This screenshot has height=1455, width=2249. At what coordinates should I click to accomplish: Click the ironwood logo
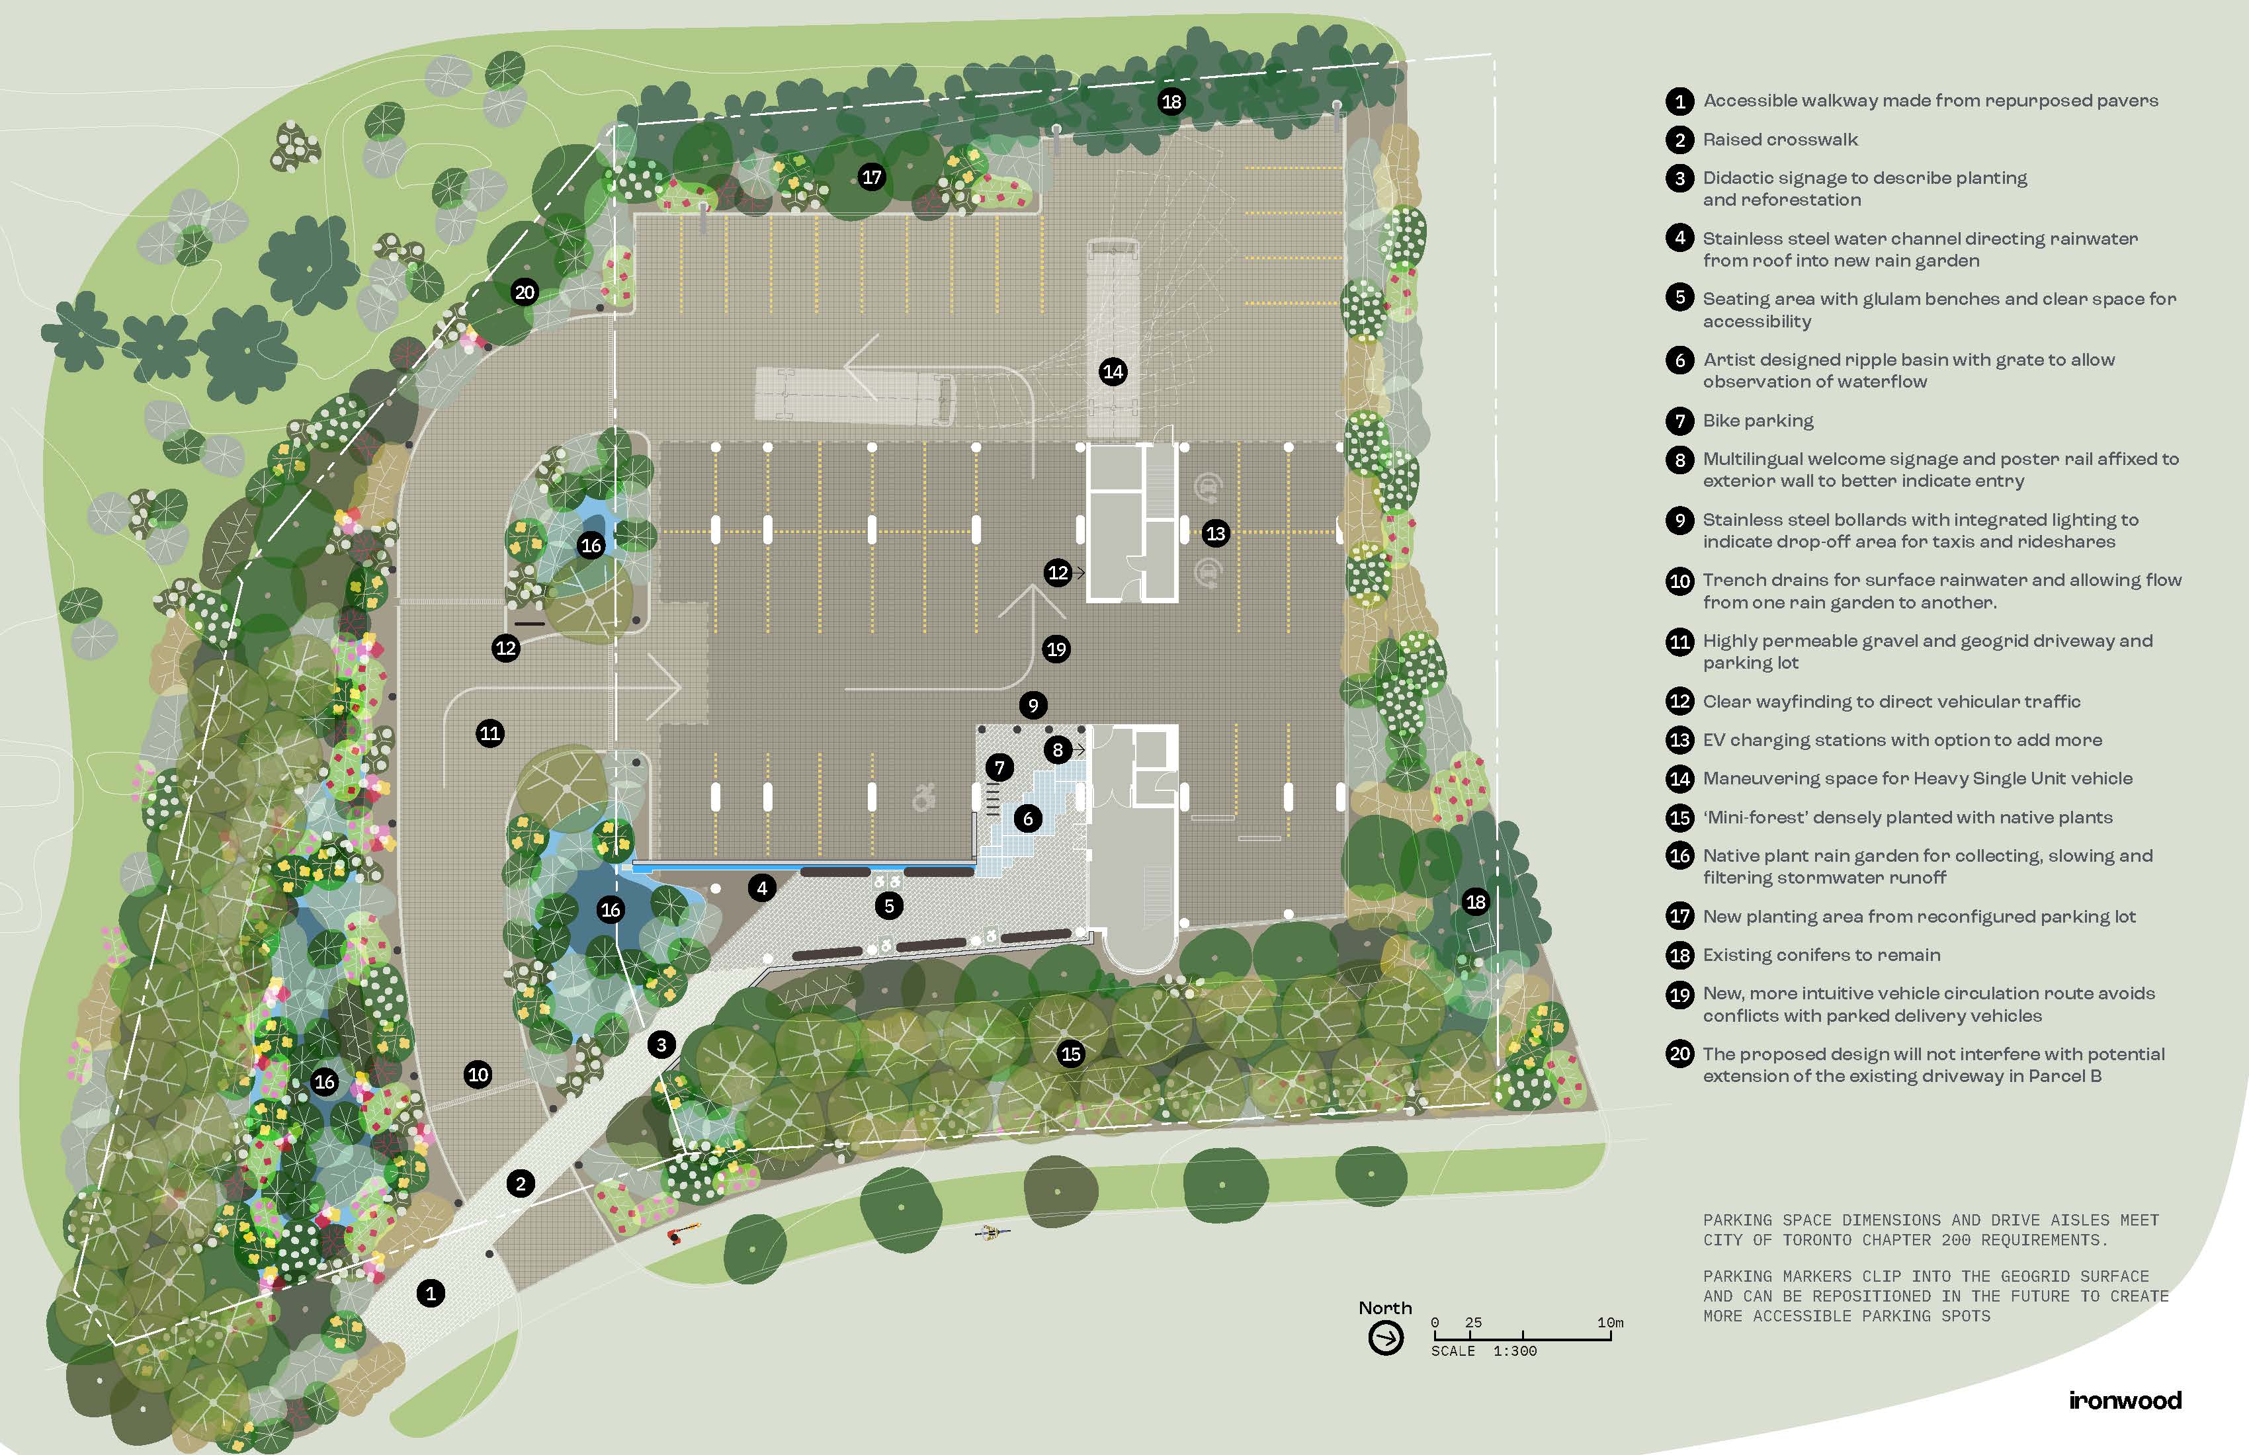pos(2124,1399)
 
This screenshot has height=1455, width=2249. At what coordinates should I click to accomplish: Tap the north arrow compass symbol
pos(1385,1338)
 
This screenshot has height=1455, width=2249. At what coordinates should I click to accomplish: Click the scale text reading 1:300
pos(1515,1351)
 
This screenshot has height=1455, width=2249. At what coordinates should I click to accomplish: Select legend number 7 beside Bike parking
pos(1679,421)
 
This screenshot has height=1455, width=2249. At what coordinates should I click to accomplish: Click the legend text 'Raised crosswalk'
pos(1779,140)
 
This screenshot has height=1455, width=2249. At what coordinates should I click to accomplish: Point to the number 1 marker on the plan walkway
pos(431,1294)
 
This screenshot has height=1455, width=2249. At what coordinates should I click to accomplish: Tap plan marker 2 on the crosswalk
pos(521,1183)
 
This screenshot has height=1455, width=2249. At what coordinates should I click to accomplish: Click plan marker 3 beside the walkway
pos(661,1044)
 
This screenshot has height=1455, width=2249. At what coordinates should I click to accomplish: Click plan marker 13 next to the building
pos(1215,533)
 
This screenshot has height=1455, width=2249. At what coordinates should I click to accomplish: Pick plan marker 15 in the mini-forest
pos(1071,1054)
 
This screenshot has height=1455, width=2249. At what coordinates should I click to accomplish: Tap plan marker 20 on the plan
pos(525,292)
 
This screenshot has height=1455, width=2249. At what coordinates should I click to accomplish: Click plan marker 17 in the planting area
pos(871,176)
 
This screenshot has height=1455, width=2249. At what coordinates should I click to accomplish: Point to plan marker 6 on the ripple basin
pos(1028,818)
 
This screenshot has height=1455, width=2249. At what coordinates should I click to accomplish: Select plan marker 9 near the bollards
pos(1033,705)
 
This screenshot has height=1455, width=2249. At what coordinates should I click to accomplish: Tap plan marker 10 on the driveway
pos(478,1073)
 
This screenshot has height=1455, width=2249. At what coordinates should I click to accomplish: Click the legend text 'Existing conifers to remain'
pos(1821,955)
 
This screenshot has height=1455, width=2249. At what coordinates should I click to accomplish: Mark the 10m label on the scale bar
pos(1609,1323)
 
